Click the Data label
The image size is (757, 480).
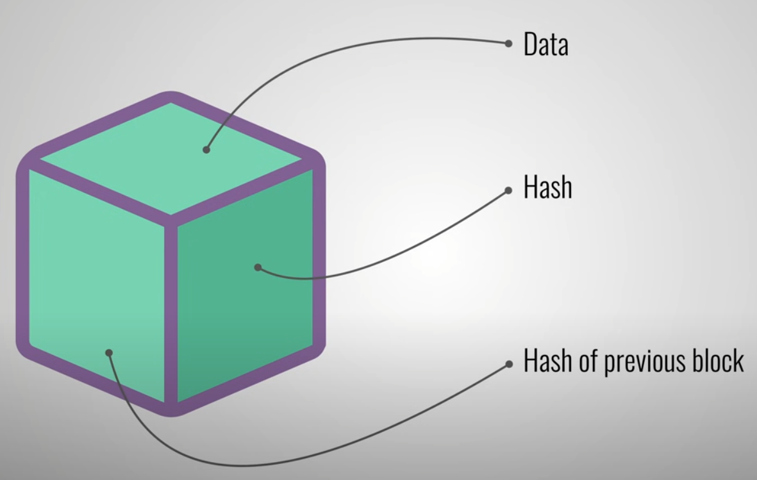click(x=545, y=45)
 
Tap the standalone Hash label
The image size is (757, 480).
click(x=547, y=188)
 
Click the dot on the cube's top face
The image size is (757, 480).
click(x=206, y=150)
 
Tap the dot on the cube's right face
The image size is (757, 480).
click(x=258, y=267)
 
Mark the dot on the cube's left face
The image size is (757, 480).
click(x=109, y=352)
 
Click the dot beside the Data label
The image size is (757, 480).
click(x=508, y=44)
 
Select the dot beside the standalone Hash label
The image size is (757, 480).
click(x=508, y=190)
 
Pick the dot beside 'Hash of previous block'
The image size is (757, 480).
click(x=509, y=364)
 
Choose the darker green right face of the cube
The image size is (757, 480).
click(x=256, y=308)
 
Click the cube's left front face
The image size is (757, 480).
click(x=90, y=269)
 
